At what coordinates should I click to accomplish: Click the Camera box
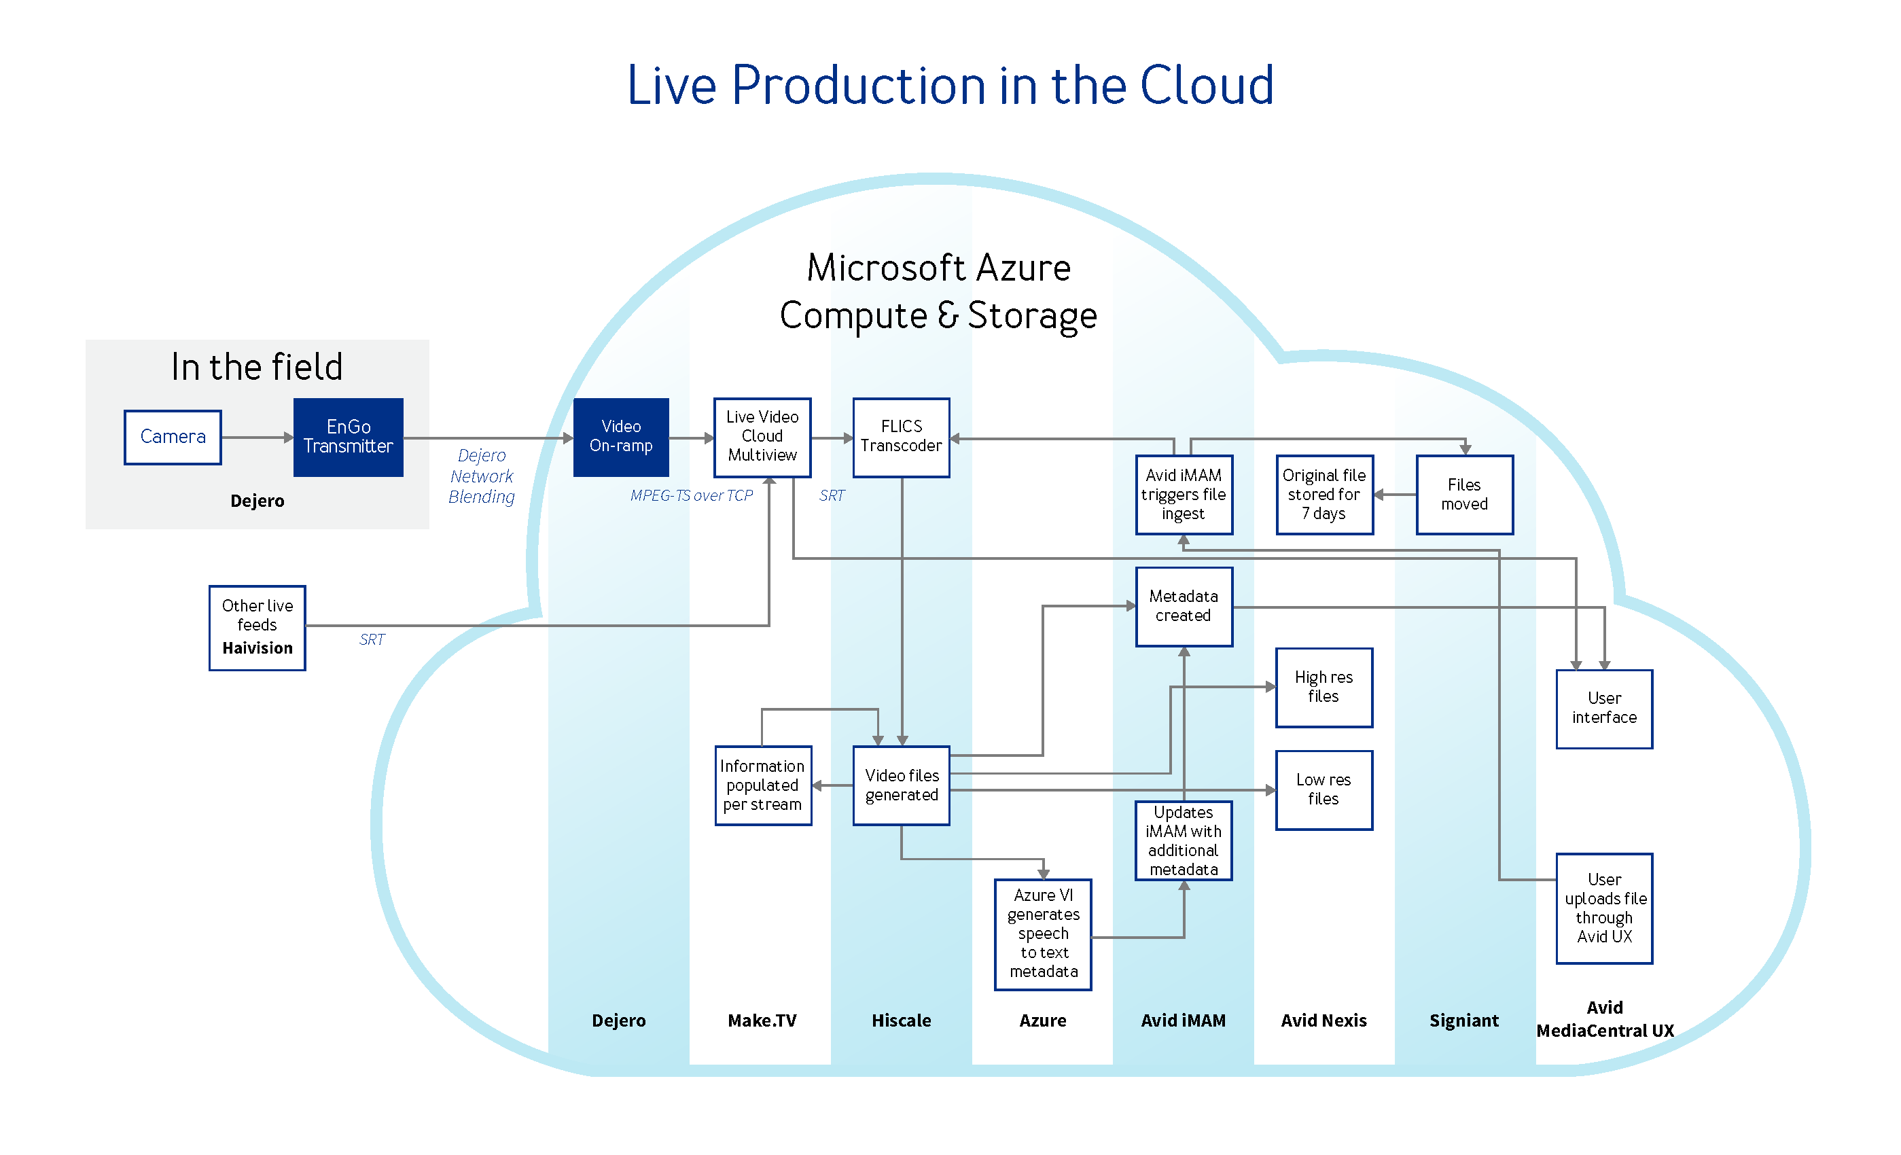[x=173, y=438]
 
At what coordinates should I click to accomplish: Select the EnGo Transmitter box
[x=349, y=438]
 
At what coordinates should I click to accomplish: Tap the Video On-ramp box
[x=621, y=438]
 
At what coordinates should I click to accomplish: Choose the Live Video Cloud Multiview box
[x=762, y=438]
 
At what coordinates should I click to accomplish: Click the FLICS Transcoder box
[x=901, y=438]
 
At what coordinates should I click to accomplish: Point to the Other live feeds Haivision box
[x=257, y=628]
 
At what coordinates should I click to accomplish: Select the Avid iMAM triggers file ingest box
[x=1184, y=495]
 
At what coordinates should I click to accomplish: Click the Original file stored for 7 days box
[x=1325, y=495]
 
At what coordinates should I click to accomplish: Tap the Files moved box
[x=1465, y=495]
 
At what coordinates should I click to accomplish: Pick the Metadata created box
[x=1184, y=607]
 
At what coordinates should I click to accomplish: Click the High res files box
[x=1325, y=688]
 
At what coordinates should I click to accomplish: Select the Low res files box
[x=1325, y=790]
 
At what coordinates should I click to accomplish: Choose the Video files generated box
[x=901, y=785]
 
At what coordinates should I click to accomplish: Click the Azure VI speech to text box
[x=1043, y=934]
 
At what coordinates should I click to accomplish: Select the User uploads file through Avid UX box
[x=1605, y=909]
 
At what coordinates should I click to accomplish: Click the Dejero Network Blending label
[x=482, y=476]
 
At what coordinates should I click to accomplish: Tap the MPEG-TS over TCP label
[x=691, y=495]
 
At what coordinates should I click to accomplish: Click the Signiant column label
[x=1464, y=1020]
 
